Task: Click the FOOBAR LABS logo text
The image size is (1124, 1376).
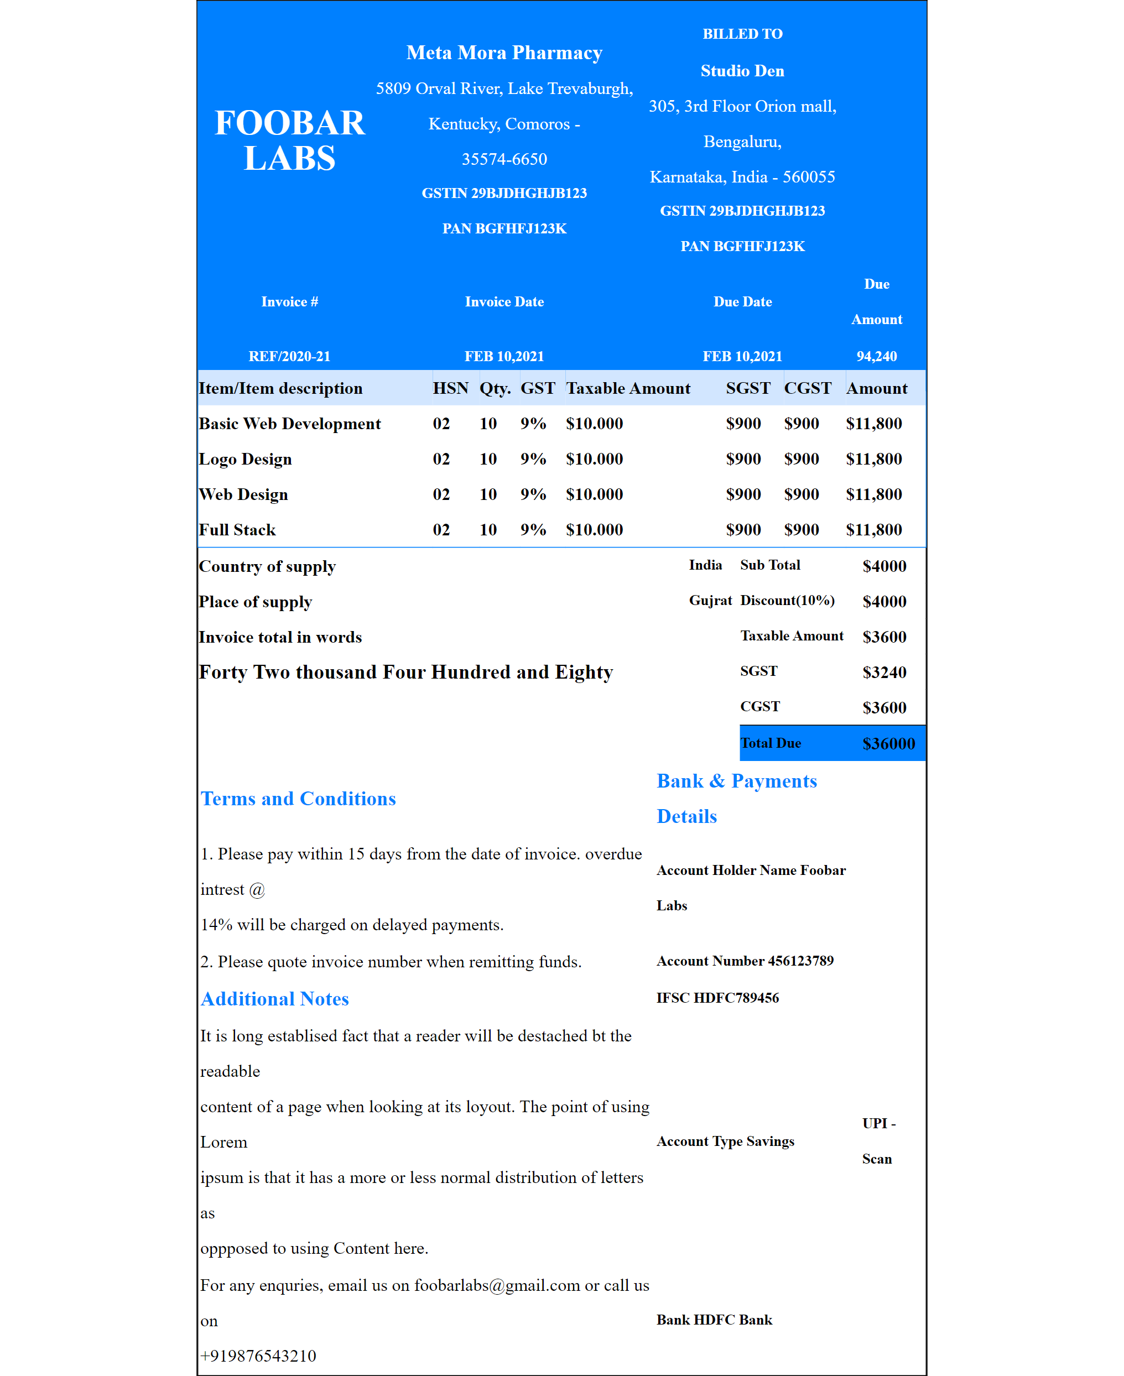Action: [x=289, y=140]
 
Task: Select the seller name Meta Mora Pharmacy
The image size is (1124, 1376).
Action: [x=504, y=53]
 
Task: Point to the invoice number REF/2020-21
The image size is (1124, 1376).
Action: [x=289, y=356]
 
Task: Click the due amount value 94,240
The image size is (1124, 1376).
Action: [x=876, y=356]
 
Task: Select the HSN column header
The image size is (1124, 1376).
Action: [x=450, y=388]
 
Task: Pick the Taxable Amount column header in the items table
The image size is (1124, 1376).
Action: [x=627, y=388]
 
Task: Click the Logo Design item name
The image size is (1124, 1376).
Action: [x=246, y=459]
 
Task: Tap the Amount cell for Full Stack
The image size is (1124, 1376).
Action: [x=873, y=529]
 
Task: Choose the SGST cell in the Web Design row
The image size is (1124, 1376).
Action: [x=743, y=494]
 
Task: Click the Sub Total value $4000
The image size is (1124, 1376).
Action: [x=884, y=566]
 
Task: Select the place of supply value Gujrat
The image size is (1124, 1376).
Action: [x=710, y=601]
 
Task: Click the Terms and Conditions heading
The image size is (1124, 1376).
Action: [x=298, y=799]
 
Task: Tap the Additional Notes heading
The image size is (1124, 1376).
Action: [x=274, y=999]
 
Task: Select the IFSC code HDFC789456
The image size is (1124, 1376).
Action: [x=736, y=997]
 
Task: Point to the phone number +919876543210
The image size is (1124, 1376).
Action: [x=258, y=1356]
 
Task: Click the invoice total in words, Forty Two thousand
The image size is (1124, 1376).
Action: [x=405, y=672]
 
